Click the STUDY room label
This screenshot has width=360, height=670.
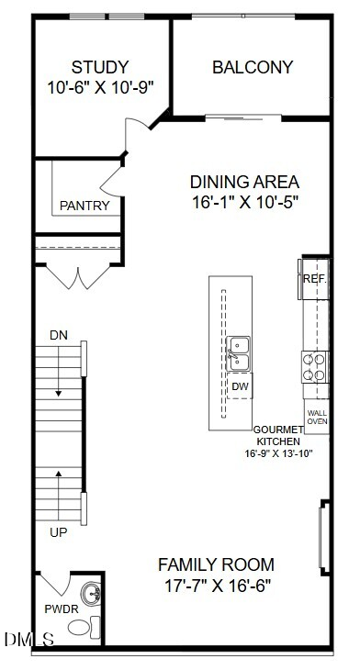tap(99, 67)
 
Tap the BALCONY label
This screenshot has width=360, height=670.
tap(253, 67)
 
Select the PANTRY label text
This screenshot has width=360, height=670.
tap(84, 206)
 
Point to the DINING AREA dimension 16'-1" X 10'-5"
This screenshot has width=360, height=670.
tap(244, 202)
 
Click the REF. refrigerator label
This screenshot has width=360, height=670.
tap(315, 279)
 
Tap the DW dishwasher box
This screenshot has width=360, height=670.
tap(240, 385)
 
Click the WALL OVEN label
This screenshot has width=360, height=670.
tap(317, 417)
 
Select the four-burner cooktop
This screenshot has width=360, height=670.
tap(315, 367)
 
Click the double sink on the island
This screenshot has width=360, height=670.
tap(238, 353)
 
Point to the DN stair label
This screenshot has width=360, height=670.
tap(59, 335)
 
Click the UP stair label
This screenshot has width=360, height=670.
tap(59, 532)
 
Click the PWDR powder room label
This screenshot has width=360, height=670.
tap(62, 609)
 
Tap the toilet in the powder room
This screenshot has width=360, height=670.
tap(84, 627)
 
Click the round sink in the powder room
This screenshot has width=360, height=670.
tap(91, 593)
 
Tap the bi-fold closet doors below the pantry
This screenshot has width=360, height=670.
tap(78, 277)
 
